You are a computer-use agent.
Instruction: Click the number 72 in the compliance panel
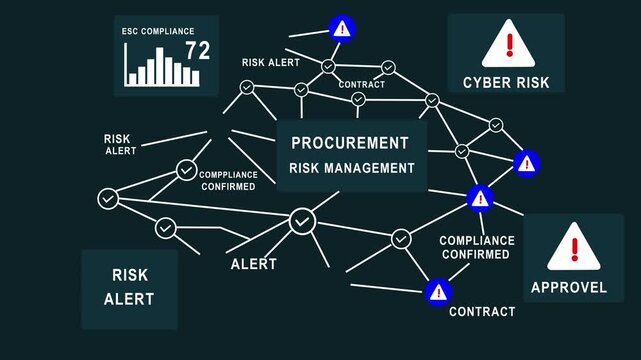click(x=197, y=51)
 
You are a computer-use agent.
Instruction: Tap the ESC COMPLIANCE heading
click(x=157, y=31)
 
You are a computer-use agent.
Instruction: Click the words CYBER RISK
click(x=506, y=82)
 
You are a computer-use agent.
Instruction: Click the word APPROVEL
click(x=568, y=288)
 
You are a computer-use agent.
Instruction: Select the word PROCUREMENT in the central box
click(x=350, y=143)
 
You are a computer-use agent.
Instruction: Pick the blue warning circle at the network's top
click(x=342, y=28)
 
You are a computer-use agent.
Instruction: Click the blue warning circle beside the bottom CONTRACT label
click(x=437, y=292)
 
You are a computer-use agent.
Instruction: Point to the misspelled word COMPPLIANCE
click(x=229, y=174)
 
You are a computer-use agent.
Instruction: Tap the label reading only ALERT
click(x=253, y=265)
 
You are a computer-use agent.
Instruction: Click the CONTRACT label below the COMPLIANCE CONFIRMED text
click(x=482, y=312)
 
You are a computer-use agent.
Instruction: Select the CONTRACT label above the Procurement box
click(x=361, y=85)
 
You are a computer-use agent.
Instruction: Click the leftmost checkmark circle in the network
click(x=108, y=198)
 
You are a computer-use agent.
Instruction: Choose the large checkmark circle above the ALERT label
click(x=302, y=221)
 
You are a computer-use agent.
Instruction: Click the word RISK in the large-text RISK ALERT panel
click(x=130, y=274)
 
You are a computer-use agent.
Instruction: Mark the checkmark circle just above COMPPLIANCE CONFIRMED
click(x=186, y=170)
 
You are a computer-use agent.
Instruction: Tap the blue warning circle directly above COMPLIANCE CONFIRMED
click(x=480, y=199)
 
